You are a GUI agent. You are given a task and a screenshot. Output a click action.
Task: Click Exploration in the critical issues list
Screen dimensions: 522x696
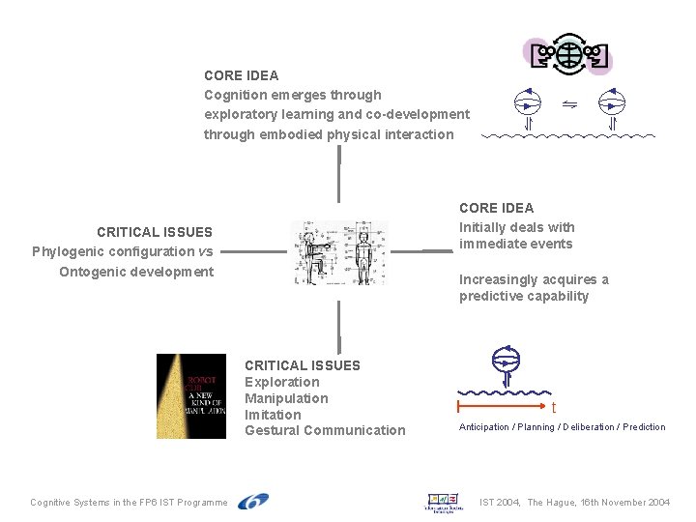(281, 382)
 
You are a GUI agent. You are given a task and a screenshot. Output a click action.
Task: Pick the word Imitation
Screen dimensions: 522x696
(273, 415)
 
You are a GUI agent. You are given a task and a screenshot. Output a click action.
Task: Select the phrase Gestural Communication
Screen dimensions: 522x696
(325, 430)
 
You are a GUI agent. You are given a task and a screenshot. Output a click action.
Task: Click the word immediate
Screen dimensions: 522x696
(489, 244)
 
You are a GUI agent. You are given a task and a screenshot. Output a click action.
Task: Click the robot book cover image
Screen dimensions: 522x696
(191, 396)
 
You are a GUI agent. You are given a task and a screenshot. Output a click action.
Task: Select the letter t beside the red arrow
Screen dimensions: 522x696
(554, 408)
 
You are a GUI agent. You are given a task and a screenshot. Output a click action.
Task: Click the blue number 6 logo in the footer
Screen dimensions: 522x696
(253, 502)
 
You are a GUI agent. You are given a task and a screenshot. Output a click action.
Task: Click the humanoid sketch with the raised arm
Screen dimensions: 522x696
(316, 253)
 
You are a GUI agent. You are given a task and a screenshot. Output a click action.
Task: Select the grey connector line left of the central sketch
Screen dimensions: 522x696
(256, 251)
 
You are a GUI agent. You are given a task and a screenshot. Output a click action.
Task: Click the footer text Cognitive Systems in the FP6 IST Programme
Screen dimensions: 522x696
(129, 503)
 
